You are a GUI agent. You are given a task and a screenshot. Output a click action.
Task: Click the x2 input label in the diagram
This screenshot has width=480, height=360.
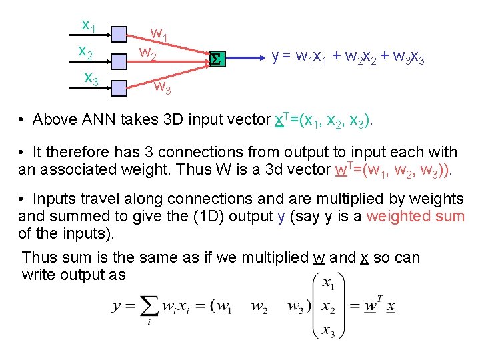(x=85, y=51)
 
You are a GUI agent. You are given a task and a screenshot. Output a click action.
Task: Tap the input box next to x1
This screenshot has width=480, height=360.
(x=119, y=34)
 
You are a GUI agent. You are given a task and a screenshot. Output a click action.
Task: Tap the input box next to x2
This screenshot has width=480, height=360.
(x=119, y=61)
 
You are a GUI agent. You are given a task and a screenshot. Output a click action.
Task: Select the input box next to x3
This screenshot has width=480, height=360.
(x=119, y=87)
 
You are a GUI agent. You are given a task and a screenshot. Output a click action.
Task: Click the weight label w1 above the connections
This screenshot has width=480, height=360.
(x=159, y=33)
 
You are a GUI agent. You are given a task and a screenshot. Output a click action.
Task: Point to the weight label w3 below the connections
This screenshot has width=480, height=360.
(x=163, y=86)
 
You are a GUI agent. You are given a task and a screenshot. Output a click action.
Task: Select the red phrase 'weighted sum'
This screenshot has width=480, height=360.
(x=415, y=216)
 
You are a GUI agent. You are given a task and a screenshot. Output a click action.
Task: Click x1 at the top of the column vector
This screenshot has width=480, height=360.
(x=328, y=284)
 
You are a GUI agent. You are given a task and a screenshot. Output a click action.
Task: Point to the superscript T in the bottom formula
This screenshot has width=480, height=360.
(x=379, y=298)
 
